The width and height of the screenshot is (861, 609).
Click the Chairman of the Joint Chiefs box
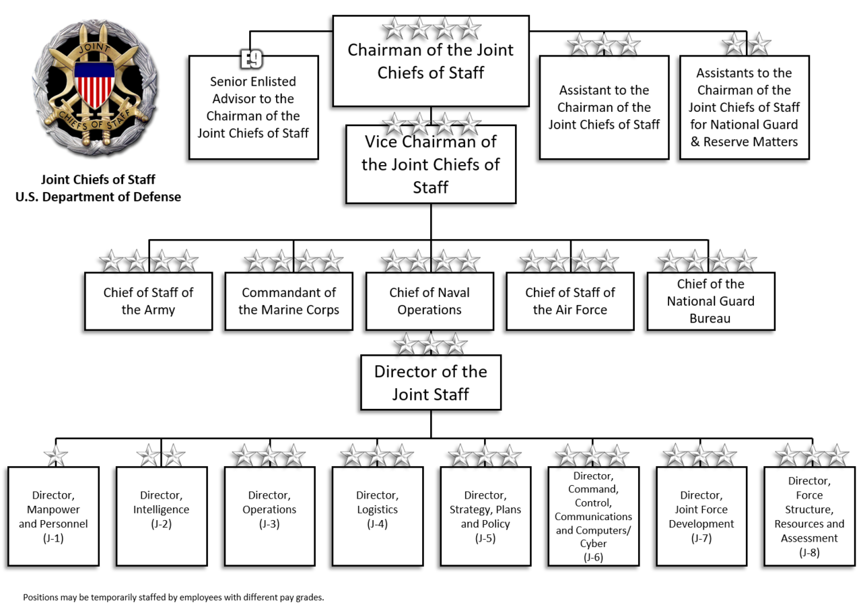tap(430, 62)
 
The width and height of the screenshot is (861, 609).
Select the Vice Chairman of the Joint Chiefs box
tap(430, 164)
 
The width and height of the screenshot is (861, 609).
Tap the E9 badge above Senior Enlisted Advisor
tap(252, 59)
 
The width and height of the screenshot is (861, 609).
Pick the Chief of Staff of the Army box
tap(148, 301)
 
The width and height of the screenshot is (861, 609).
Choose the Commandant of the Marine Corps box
tap(288, 301)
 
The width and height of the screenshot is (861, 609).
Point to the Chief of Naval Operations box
tap(429, 301)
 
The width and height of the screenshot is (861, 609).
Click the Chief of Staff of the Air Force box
tap(570, 301)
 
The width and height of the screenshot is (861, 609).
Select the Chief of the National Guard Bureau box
tap(710, 301)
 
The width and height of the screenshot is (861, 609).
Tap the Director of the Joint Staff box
tap(430, 383)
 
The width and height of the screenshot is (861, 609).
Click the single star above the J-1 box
tap(55, 456)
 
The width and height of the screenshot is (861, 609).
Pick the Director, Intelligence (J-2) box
tap(161, 516)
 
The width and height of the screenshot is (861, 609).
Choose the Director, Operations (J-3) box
tap(269, 516)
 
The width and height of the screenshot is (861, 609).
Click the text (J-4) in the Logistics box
tap(377, 524)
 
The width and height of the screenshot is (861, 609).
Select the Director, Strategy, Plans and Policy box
tap(485, 516)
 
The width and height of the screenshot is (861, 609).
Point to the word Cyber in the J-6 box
tap(593, 544)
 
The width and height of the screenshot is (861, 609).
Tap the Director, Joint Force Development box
tap(701, 516)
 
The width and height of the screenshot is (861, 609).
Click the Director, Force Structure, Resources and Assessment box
tap(809, 516)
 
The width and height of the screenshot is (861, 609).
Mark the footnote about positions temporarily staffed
tap(174, 597)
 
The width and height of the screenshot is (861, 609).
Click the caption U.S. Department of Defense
tap(98, 197)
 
